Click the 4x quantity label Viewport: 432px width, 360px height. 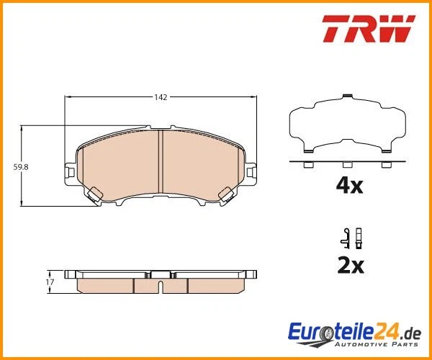tap(350, 186)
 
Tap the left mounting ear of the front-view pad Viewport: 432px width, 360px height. tap(70, 171)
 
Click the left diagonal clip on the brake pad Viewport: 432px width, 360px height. tap(94, 194)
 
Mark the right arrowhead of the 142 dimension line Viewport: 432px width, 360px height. tap(252, 97)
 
